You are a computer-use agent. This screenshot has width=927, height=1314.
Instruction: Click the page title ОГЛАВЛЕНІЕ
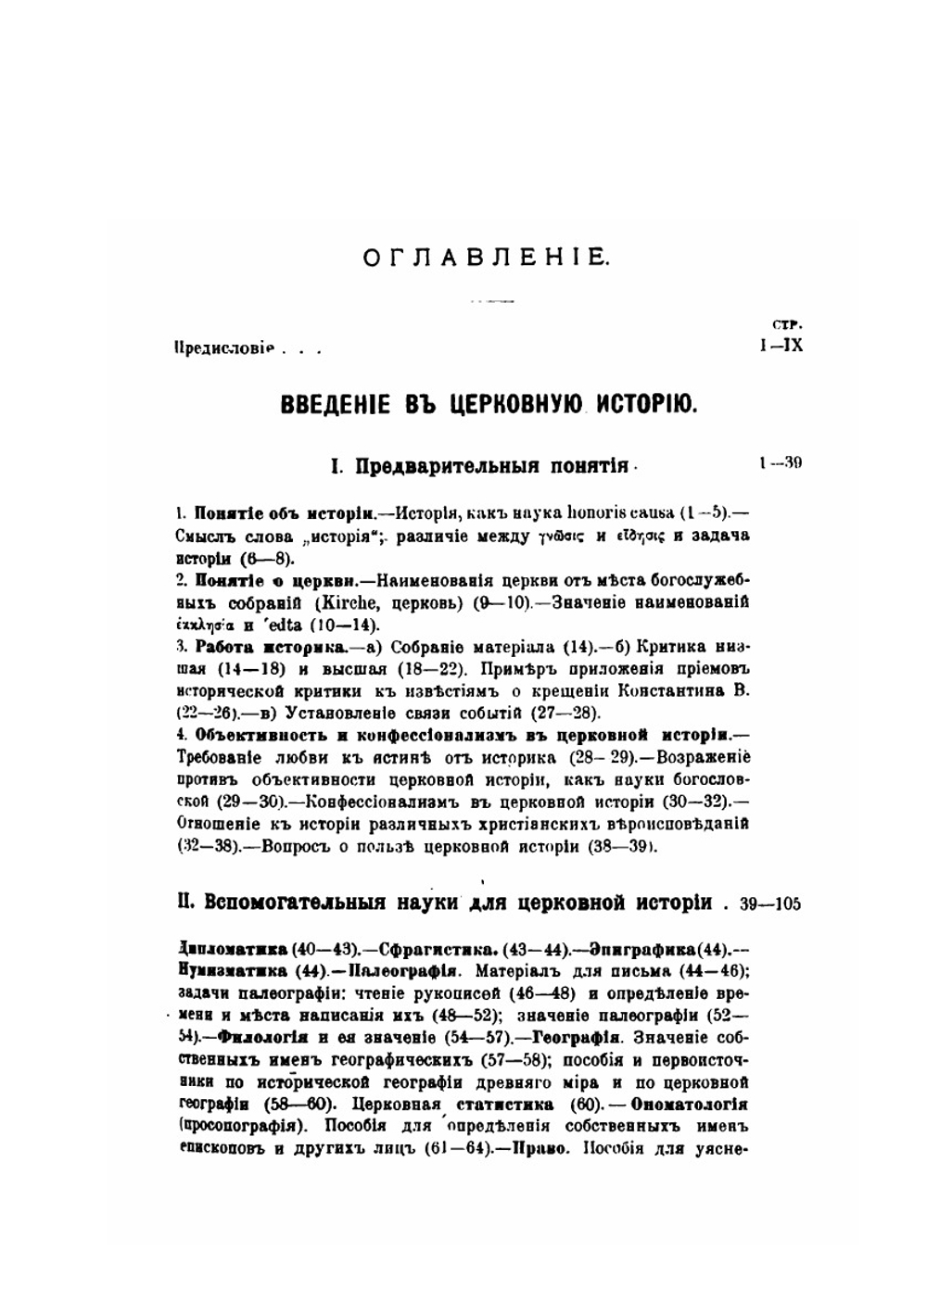tap(486, 257)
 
